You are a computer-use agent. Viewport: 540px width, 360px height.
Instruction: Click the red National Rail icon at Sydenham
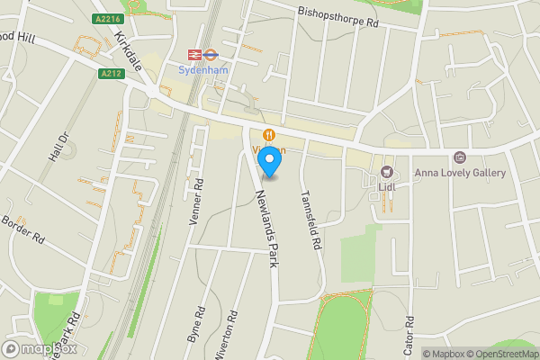[191, 53]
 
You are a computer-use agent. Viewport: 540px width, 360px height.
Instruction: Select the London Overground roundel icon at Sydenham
[208, 53]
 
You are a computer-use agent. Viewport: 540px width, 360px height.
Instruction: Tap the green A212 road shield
[111, 74]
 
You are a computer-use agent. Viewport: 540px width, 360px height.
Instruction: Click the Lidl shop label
[388, 186]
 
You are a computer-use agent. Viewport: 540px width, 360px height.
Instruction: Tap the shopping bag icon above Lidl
[388, 171]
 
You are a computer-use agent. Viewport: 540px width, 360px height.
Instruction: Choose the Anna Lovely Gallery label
[459, 173]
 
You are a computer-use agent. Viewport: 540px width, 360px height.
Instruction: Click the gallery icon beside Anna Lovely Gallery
[460, 157]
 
